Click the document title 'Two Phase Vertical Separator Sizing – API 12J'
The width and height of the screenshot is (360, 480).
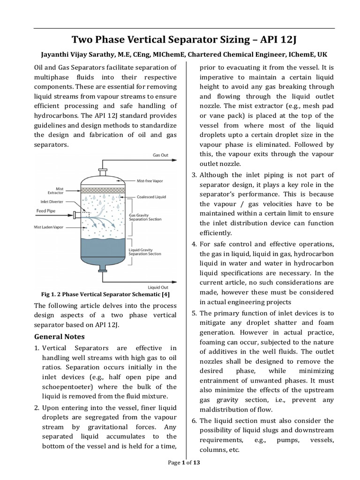(180, 38)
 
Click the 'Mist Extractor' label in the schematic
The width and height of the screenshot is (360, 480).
(56, 191)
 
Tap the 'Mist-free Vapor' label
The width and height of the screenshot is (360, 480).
(151, 180)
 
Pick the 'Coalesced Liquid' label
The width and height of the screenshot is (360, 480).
(151, 197)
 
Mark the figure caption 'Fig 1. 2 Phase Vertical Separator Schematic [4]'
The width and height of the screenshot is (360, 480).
(105, 294)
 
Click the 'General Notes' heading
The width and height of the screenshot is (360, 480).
(59, 337)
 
